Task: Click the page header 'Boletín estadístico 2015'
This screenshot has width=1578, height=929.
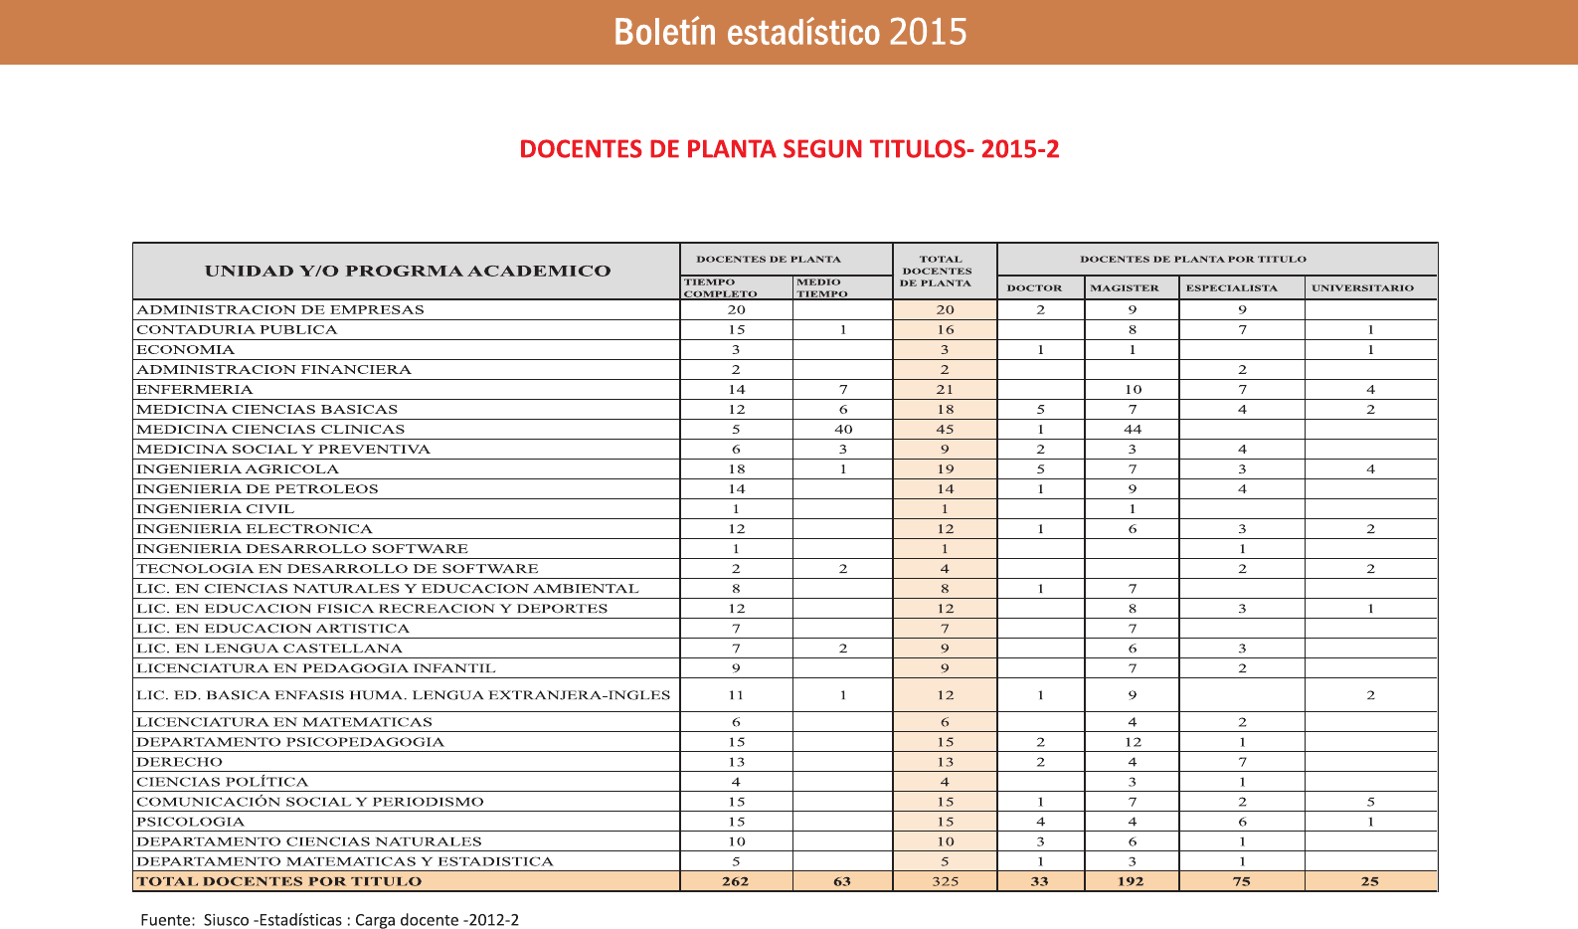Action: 789,32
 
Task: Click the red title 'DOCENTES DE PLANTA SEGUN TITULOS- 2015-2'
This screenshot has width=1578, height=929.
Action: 789,149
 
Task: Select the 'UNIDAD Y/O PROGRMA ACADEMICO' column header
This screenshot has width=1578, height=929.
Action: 408,271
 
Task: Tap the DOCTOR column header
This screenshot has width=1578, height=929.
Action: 1034,288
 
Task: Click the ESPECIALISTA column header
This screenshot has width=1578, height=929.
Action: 1231,288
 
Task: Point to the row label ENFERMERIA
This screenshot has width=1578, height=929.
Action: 195,389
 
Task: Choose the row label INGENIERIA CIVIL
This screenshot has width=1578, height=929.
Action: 215,508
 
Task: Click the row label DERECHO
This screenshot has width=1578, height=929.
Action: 179,762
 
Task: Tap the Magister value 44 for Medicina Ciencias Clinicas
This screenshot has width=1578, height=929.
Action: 1132,430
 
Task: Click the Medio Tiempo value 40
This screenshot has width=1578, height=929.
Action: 843,430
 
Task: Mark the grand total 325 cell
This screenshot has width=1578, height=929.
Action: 945,881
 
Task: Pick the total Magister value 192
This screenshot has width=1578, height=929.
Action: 1131,881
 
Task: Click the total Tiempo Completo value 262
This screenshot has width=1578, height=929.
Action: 736,881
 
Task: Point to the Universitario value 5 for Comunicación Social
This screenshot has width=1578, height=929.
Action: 1370,802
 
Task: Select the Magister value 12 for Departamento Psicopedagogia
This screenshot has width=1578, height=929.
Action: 1132,742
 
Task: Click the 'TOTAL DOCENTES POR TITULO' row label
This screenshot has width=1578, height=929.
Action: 279,881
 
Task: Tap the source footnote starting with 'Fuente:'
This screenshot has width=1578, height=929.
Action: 329,920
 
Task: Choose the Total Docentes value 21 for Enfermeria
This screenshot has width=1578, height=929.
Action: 945,390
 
